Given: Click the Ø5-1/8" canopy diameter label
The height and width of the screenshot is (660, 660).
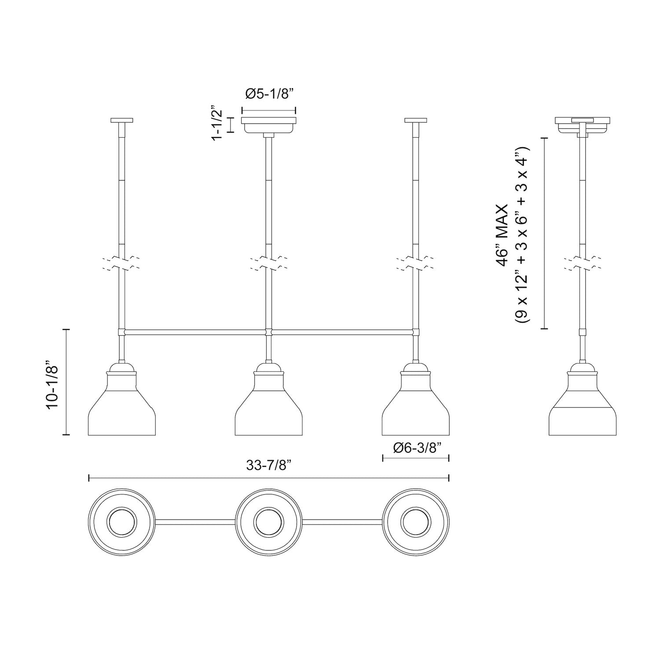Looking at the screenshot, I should (269, 95).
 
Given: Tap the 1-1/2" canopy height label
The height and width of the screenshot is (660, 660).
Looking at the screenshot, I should (216, 123).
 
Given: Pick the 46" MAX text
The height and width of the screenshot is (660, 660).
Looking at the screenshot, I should (501, 234).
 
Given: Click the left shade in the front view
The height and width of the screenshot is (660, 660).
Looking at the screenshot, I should (122, 407).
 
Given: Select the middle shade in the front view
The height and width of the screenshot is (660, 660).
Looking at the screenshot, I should (268, 407).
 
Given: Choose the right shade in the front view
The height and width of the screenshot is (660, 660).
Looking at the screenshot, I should (415, 407).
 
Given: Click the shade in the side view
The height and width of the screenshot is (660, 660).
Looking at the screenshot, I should (583, 407).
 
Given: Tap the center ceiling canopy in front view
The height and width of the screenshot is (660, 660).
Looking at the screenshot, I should (269, 125).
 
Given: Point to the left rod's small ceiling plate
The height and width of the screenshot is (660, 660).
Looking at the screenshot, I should (122, 120).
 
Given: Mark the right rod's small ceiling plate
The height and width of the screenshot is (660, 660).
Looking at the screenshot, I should (415, 120).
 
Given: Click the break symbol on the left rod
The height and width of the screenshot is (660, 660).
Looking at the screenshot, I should (122, 264).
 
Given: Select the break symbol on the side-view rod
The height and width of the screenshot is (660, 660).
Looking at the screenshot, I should (583, 264).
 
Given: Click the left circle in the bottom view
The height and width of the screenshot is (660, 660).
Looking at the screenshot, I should (122, 522).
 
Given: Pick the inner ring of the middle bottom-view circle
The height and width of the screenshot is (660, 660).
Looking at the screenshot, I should (268, 522).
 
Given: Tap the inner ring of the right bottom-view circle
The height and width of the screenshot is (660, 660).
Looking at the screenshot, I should (415, 522).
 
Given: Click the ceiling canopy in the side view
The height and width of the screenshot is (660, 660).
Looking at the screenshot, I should (583, 125).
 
